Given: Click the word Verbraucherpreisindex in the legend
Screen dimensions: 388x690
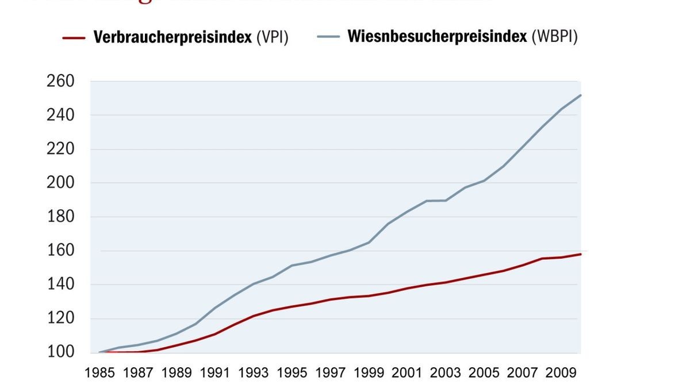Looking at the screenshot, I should [172, 38].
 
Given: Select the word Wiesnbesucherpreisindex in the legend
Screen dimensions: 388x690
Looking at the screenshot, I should [437, 37].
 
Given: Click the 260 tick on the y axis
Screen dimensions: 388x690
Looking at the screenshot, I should [60, 82].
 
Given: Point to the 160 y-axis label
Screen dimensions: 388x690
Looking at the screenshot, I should [60, 251].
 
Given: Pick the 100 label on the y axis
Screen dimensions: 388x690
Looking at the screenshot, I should [60, 352].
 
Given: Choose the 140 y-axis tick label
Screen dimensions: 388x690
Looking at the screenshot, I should [60, 285].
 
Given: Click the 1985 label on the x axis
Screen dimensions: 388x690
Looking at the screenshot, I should [99, 372].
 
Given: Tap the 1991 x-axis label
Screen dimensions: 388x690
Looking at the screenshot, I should [215, 372].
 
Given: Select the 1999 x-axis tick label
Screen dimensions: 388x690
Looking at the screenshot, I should [369, 372].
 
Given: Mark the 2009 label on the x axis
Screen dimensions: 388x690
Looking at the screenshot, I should [561, 372].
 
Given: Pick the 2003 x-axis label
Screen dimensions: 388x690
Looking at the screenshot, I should [446, 372].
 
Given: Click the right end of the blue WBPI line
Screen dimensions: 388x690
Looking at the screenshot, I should [581, 95].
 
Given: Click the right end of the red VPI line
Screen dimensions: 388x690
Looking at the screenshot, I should [581, 253].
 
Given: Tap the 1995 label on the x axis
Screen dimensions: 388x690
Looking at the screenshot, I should [292, 372].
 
